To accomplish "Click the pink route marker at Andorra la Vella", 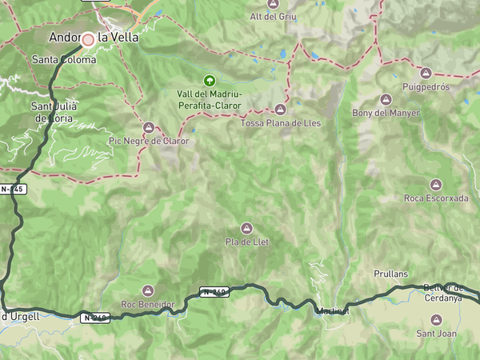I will (88, 38).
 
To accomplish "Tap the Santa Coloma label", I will (63, 59).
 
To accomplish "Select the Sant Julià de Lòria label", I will (54, 112).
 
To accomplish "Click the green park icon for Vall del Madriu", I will (209, 80).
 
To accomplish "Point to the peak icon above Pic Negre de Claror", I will (149, 127).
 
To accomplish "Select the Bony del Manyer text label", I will (386, 113).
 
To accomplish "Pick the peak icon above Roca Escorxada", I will (436, 184).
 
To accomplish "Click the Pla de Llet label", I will (246, 242).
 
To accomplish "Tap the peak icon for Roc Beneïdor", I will (147, 290).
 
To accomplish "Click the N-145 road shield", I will (14, 189).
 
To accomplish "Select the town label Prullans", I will (390, 274).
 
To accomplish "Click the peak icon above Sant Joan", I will (436, 319).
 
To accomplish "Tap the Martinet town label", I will (333, 310).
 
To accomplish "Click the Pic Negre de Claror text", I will (149, 141).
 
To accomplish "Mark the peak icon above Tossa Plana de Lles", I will (280, 110).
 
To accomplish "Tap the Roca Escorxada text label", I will (436, 198).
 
